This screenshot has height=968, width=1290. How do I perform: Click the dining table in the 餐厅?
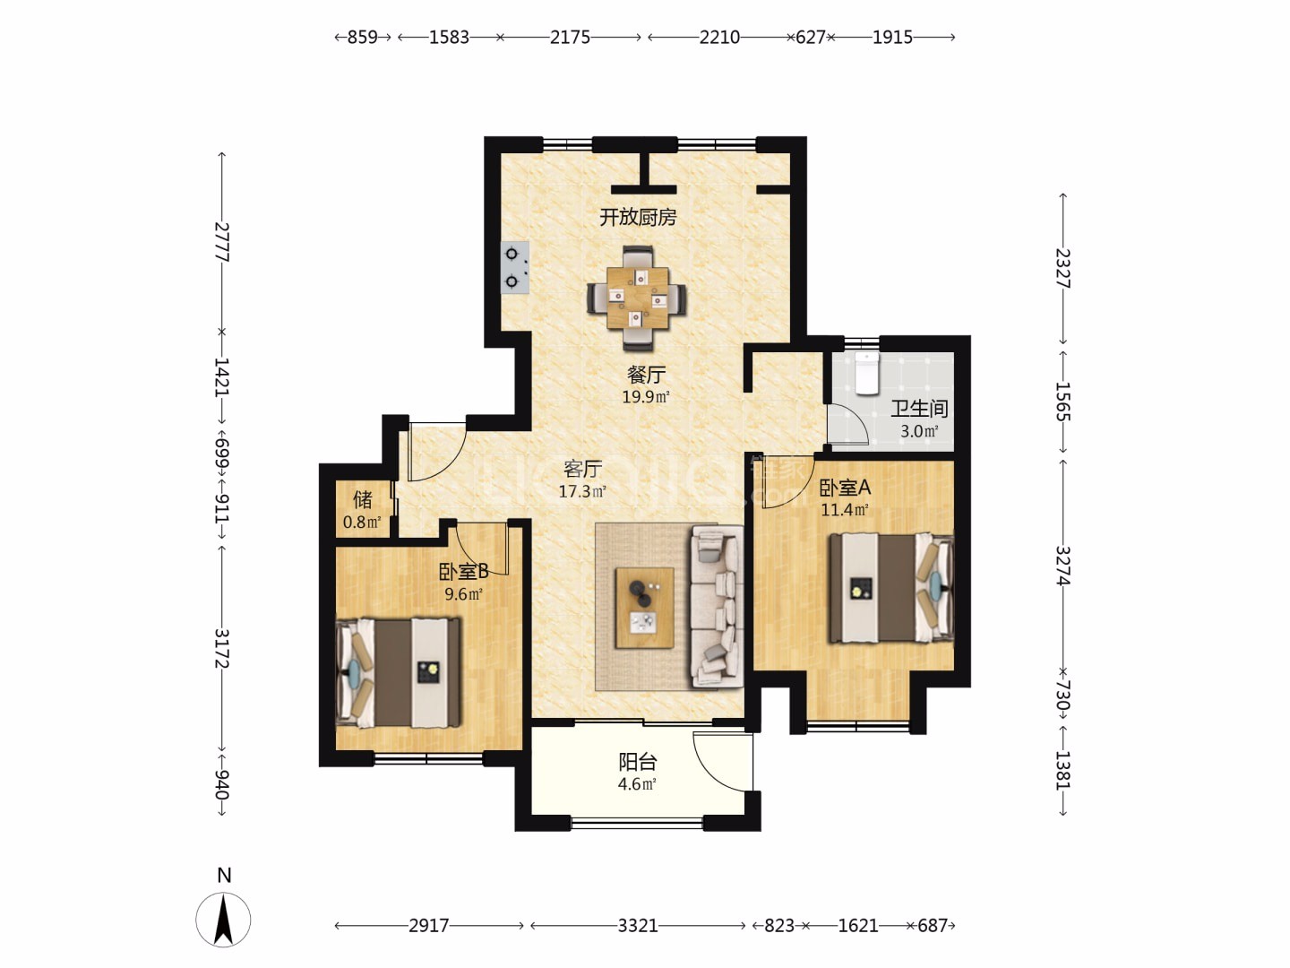point(637,298)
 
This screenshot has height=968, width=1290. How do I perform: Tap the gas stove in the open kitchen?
point(515,268)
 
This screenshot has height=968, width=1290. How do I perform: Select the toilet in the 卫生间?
point(866,373)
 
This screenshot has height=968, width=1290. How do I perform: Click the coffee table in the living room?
point(644,608)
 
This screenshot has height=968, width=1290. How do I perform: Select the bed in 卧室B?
point(398,673)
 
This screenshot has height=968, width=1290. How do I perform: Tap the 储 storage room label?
point(363,499)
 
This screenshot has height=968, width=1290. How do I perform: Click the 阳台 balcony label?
point(638,762)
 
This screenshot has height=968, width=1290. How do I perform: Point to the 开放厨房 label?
point(638,218)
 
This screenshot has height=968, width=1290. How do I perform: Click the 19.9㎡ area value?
point(646,397)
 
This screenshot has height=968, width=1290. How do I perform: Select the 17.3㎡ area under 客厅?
point(581,491)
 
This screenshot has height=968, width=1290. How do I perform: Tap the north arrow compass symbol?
point(223,920)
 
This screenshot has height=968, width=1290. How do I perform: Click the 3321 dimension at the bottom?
point(638,926)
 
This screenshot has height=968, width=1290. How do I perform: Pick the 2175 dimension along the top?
point(570,38)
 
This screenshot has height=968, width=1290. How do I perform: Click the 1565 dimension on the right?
point(1062,402)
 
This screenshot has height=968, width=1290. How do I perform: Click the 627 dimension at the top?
point(811,38)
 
